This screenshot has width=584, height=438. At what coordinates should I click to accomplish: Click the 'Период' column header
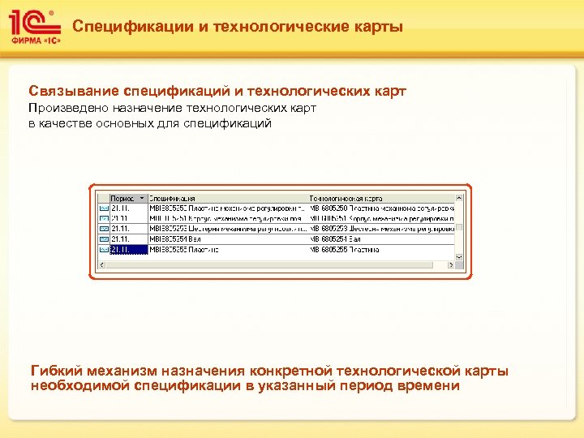coord(122,197)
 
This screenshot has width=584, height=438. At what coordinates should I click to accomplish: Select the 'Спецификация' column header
coord(172,197)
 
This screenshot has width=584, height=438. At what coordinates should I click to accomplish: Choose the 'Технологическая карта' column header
coord(346,197)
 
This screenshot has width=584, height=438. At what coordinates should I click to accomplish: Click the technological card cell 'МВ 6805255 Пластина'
coord(345,250)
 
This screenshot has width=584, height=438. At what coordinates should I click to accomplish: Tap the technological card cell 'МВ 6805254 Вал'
coord(337,239)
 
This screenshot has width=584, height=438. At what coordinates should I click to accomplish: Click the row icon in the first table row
coord(103,208)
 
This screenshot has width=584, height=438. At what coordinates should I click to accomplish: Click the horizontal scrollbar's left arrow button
coord(101,260)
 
